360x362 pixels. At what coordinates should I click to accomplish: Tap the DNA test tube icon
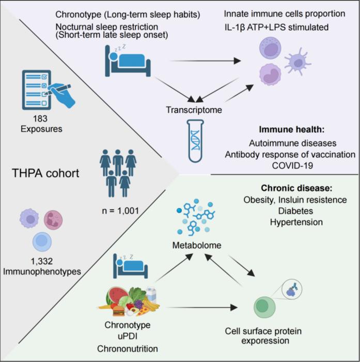[x=196, y=141]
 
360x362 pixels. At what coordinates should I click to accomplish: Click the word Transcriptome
[x=194, y=110]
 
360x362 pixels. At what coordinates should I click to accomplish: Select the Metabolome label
[x=197, y=245]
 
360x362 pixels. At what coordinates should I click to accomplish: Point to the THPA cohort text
[x=45, y=173]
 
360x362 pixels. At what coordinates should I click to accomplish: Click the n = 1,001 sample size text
[x=120, y=210]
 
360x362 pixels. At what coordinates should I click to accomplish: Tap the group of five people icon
[x=118, y=173]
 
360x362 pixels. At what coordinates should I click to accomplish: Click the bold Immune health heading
[x=292, y=129]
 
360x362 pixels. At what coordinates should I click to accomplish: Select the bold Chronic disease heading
[x=296, y=188]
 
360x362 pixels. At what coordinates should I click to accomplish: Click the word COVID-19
[x=292, y=165]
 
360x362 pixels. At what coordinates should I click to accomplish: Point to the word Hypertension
[x=296, y=222]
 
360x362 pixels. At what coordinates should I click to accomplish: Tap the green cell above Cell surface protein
[x=264, y=307]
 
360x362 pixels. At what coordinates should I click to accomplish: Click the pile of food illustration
[x=129, y=301]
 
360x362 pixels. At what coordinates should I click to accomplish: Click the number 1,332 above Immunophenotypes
[x=42, y=261]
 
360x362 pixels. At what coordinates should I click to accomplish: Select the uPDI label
[x=128, y=336]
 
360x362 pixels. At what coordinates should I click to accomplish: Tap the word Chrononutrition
[x=128, y=349]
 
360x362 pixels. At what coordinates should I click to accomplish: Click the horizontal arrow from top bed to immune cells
[x=205, y=61]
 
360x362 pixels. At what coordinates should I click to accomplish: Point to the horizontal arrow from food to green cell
[x=202, y=308]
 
